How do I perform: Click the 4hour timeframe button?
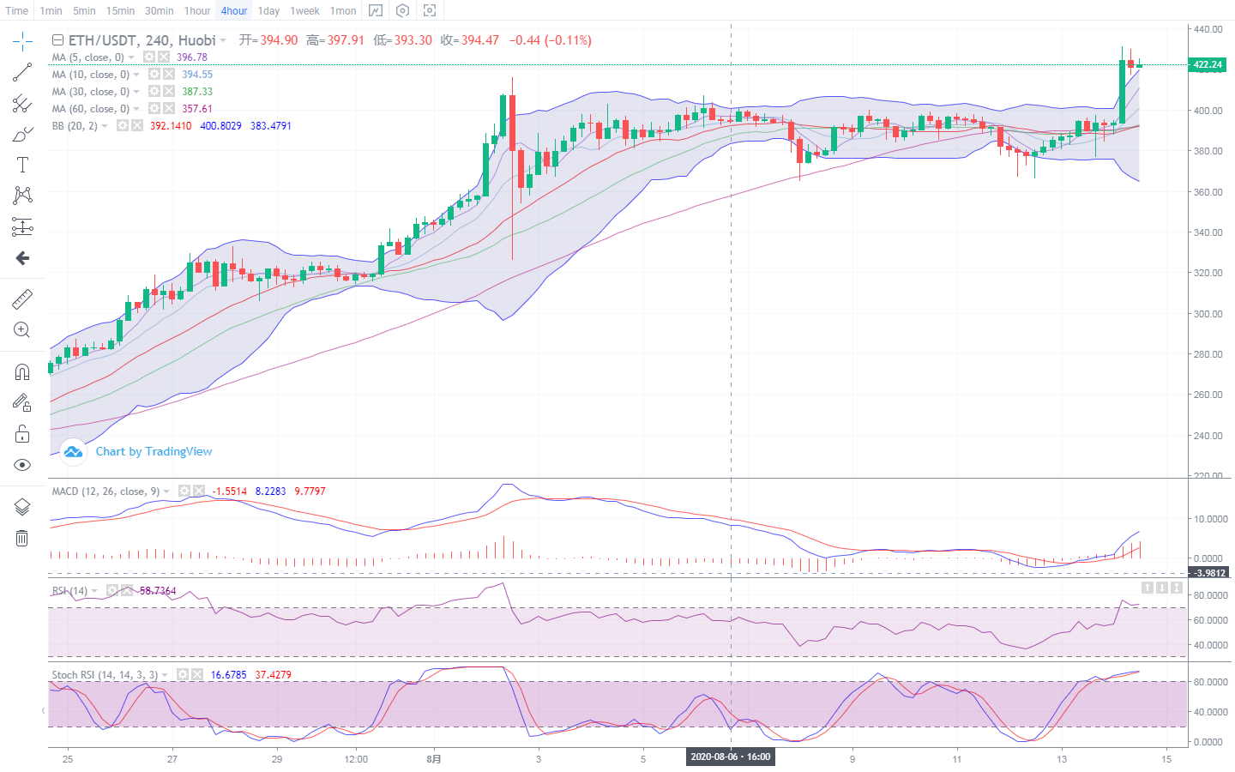click(x=233, y=11)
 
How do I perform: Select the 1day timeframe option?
click(x=268, y=11)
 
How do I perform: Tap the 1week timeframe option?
click(x=304, y=11)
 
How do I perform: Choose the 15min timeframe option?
click(x=120, y=11)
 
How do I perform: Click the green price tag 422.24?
click(x=1208, y=64)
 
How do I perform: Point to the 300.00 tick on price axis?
click(x=1208, y=314)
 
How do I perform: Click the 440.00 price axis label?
click(x=1208, y=29)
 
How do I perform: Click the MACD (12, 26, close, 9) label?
click(x=105, y=492)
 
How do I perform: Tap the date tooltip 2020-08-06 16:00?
click(x=731, y=757)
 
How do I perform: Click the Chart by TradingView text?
click(x=154, y=451)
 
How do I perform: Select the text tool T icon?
click(x=22, y=165)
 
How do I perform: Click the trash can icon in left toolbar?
click(x=22, y=538)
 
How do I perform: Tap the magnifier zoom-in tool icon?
click(x=22, y=330)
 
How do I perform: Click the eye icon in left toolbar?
click(x=22, y=465)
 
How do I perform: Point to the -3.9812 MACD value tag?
click(x=1209, y=572)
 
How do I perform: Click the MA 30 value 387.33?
click(x=197, y=92)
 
